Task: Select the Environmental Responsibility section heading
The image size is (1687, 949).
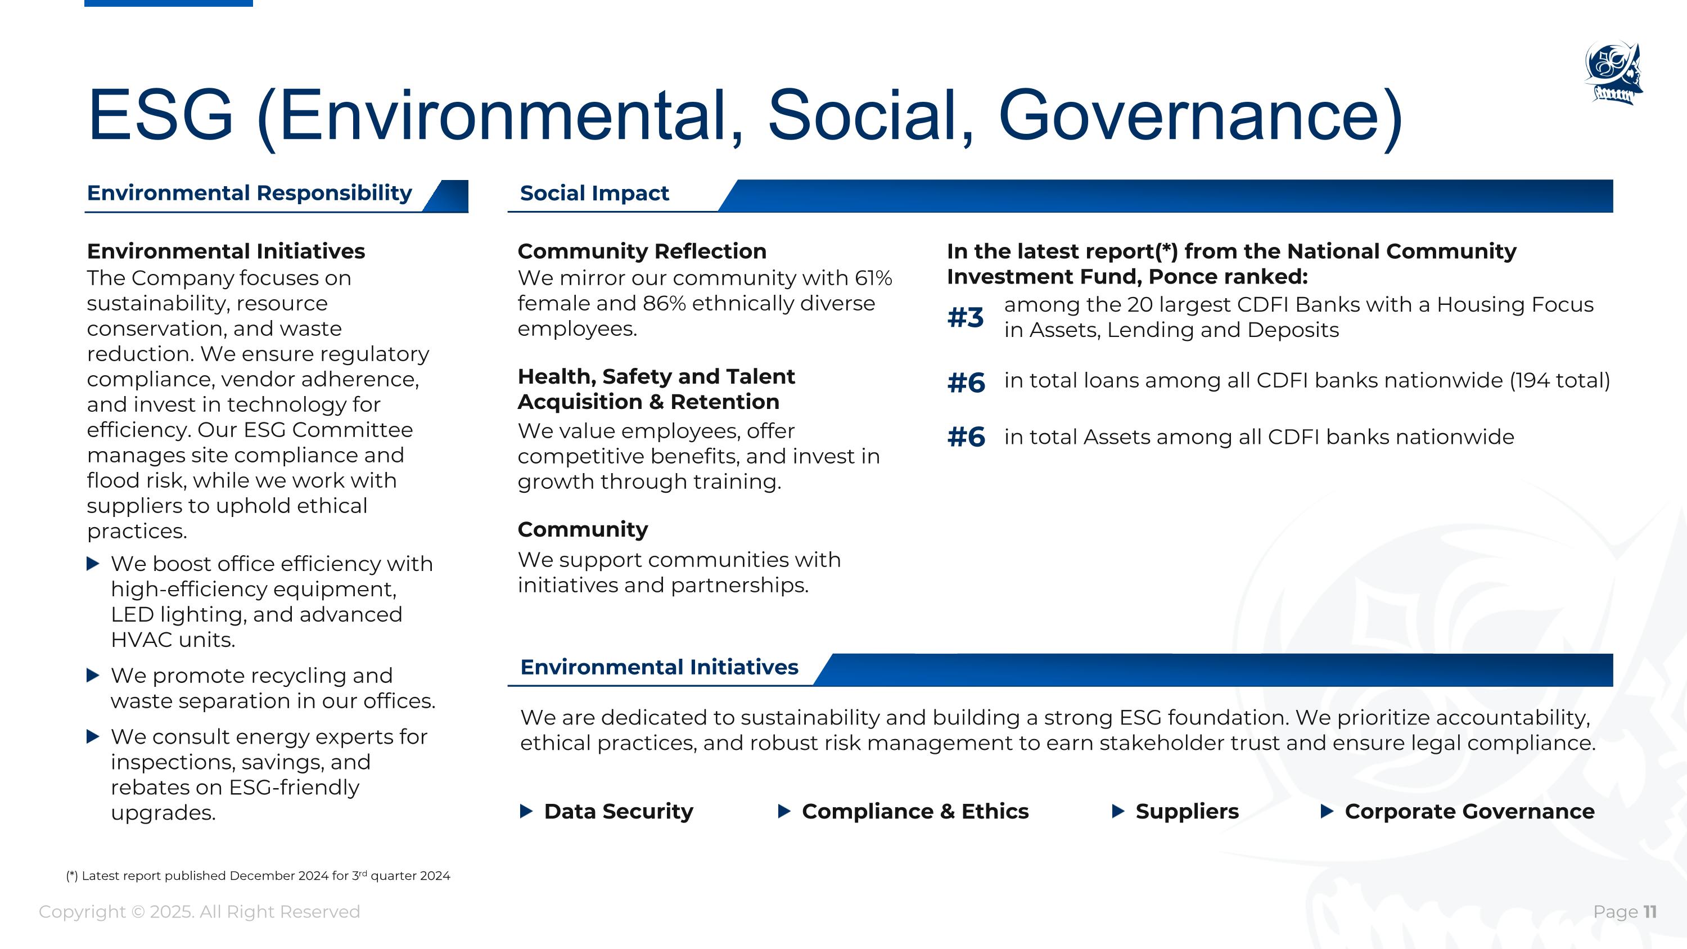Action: [250, 193]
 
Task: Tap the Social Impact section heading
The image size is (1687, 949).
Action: [594, 193]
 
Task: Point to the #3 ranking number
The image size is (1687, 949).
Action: [966, 318]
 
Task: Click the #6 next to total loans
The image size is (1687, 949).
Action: [966, 383]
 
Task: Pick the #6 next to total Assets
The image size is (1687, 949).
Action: [966, 437]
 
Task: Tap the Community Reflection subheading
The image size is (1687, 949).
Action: [642, 251]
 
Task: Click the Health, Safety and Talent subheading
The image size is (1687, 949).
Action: [656, 376]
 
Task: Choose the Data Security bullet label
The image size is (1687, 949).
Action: [618, 812]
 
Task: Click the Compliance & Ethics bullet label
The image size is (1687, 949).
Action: [915, 812]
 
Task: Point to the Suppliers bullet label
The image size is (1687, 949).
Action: [1187, 812]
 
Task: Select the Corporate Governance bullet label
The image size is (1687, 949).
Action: [1469, 812]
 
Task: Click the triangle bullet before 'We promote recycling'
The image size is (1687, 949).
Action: [93, 675]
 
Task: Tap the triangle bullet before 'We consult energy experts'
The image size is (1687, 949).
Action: [93, 737]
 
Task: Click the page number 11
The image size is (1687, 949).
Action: [1650, 912]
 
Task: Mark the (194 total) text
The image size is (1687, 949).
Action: [1559, 380]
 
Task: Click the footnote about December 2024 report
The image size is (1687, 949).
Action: [258, 876]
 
